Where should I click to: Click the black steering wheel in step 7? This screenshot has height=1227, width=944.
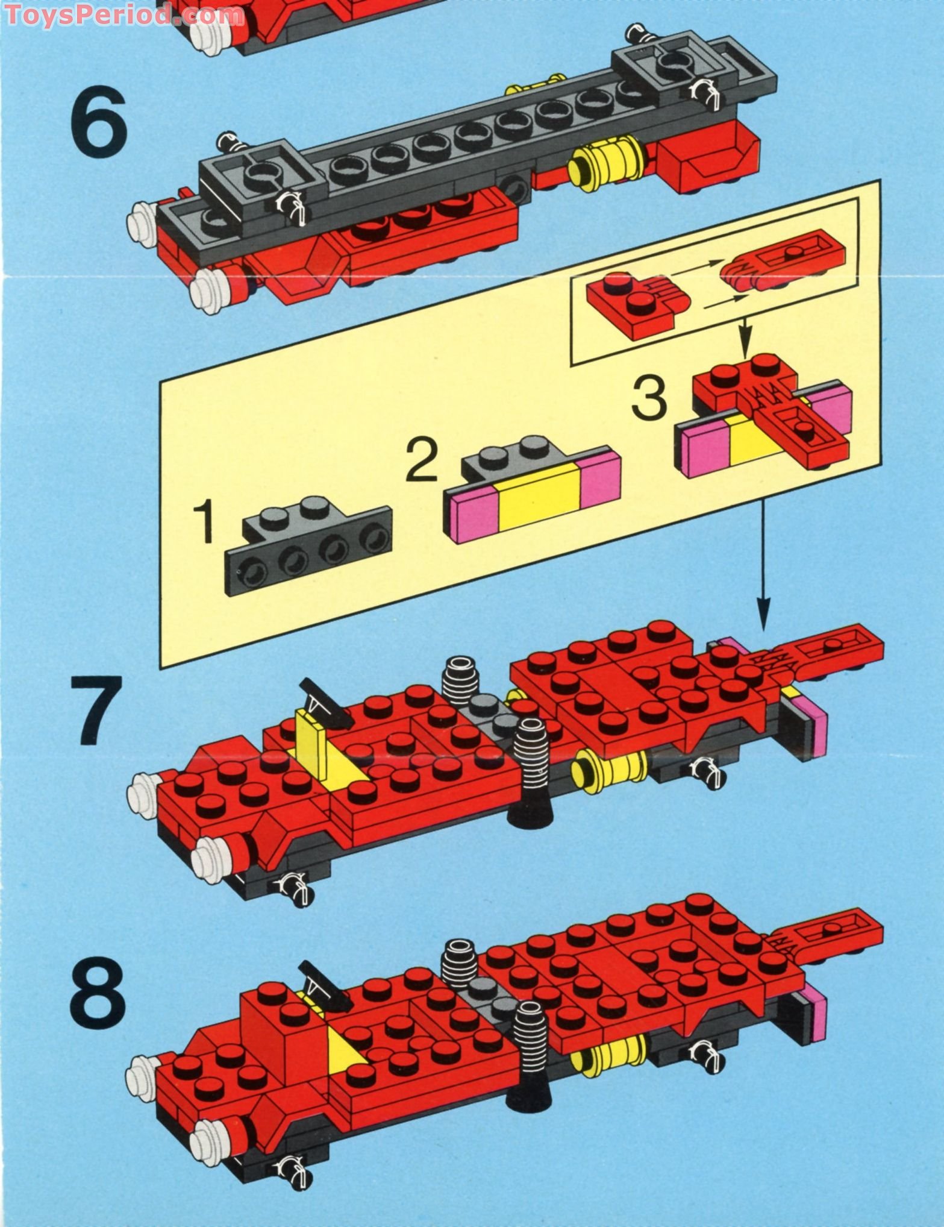329,700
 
